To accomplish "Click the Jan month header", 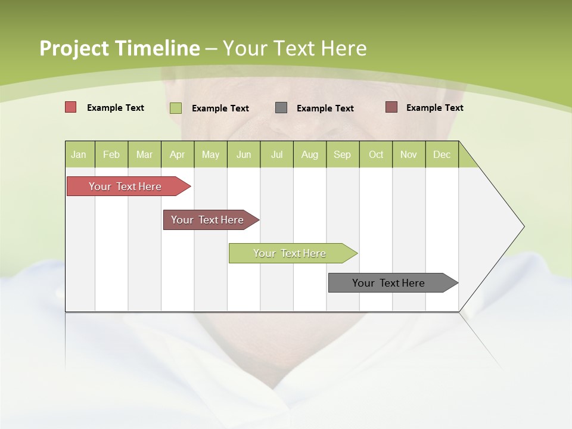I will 79,154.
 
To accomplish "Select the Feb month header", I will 111,154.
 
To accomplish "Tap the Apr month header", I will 177,154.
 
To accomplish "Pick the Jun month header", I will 244,154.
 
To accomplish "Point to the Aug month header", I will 309,154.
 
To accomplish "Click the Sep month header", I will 342,154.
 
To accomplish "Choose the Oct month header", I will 376,154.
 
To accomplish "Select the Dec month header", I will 442,154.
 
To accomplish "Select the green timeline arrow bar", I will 290,253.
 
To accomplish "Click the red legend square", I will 70,107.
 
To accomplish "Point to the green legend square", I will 175,108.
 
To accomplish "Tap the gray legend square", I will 281,108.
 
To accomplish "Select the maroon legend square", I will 391,107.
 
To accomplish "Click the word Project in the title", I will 73,48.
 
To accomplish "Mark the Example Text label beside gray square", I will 325,108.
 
